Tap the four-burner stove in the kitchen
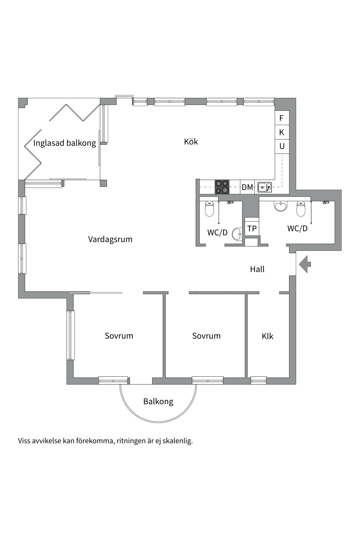[x=222, y=187]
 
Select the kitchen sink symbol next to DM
[x=265, y=187]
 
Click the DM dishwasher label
[x=247, y=187]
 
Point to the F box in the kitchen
[x=282, y=118]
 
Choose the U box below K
[x=282, y=146]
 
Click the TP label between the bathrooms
[x=252, y=229]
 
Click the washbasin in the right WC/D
[x=281, y=206]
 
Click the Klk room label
[x=267, y=336]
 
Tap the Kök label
[x=191, y=142]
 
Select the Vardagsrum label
[x=110, y=239]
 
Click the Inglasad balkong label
[x=65, y=143]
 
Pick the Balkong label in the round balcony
[x=158, y=401]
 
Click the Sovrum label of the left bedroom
[x=119, y=336]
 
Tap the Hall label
[x=257, y=269]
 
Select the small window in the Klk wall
[x=258, y=381]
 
